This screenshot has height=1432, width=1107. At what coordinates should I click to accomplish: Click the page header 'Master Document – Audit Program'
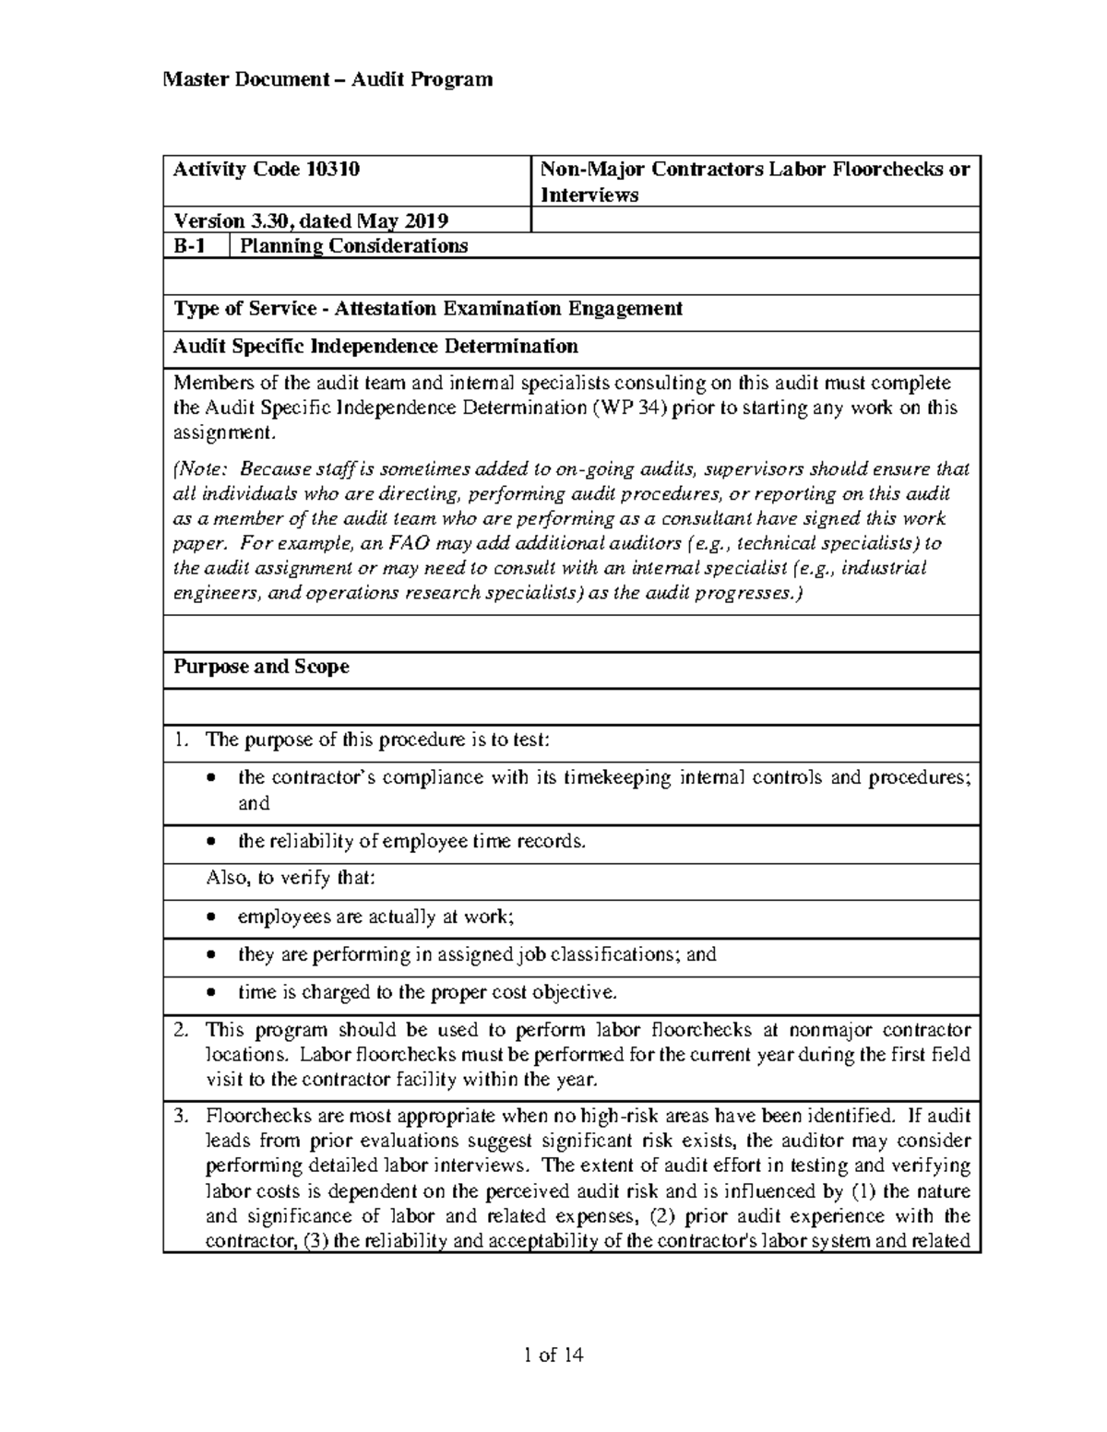(327, 79)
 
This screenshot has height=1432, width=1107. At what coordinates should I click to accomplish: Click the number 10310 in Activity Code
(332, 170)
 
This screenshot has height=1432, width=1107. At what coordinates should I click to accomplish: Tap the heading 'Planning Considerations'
(353, 246)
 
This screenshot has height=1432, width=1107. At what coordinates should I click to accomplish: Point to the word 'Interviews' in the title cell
(589, 195)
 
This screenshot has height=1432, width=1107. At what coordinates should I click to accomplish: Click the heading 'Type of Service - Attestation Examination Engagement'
(428, 309)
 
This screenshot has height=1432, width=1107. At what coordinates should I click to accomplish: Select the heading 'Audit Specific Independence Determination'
(375, 347)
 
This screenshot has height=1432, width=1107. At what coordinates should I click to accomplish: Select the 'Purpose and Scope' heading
(261, 667)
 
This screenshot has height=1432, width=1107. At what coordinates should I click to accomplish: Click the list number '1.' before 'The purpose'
(182, 740)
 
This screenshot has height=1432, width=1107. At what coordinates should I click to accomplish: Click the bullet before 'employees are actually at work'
(214, 918)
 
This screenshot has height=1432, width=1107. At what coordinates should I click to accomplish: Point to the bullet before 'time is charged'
(214, 994)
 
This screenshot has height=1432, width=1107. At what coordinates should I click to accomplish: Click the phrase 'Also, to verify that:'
(291, 878)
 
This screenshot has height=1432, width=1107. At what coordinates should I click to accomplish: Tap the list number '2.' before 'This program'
(182, 1030)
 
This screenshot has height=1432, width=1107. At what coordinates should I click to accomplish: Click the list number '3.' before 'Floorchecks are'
(182, 1117)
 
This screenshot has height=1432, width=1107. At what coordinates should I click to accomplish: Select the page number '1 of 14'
(553, 1355)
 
